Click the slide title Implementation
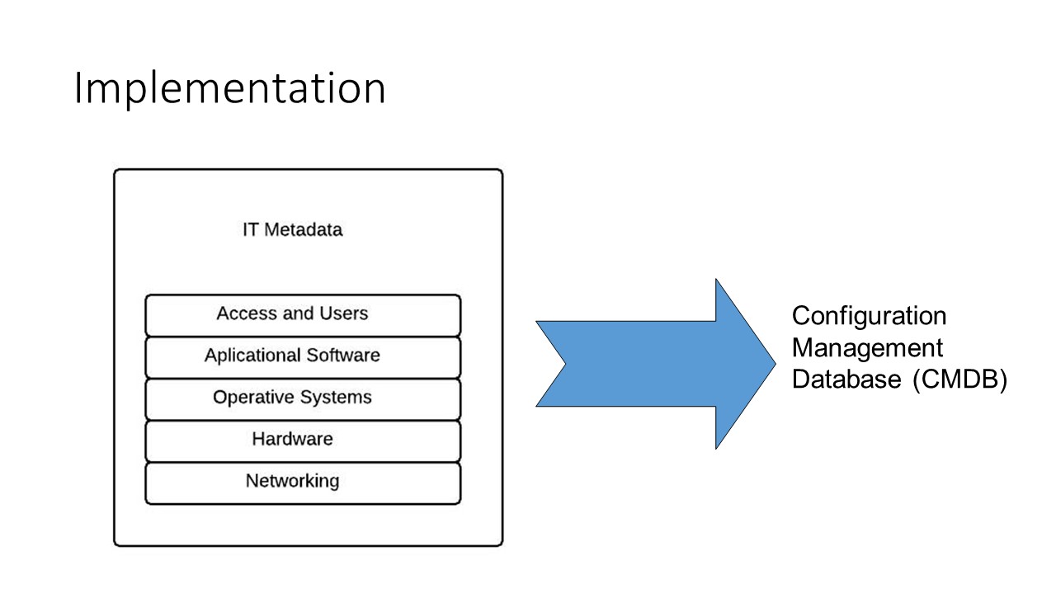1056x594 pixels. (x=230, y=88)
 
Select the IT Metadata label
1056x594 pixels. (x=292, y=229)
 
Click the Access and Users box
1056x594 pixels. (x=303, y=315)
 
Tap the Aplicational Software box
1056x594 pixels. (x=303, y=357)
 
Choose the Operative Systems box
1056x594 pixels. (x=303, y=399)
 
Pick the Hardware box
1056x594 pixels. (x=303, y=441)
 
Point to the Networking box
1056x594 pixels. (x=303, y=483)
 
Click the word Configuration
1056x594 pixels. (x=869, y=316)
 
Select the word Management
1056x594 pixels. (x=867, y=347)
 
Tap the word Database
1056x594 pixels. (x=846, y=379)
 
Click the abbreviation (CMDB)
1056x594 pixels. (x=960, y=379)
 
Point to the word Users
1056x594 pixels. (x=344, y=313)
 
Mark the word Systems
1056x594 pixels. (x=336, y=398)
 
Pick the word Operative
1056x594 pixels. (x=254, y=397)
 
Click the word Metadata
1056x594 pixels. (x=303, y=229)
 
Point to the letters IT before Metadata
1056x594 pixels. (x=250, y=229)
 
